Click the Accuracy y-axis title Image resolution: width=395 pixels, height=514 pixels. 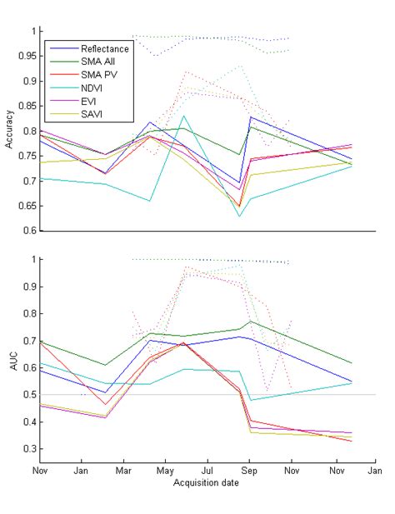(x=9, y=131)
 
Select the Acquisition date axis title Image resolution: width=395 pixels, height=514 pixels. (x=207, y=482)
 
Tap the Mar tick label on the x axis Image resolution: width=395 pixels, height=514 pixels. (x=123, y=471)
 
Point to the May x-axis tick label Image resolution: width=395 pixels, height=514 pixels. (x=165, y=471)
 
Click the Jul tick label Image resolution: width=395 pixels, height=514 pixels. (x=207, y=471)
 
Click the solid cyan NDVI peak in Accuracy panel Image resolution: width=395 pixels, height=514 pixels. (x=184, y=116)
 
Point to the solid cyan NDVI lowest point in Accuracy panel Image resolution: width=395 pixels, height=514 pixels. (x=240, y=217)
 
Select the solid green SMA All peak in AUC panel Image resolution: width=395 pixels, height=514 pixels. (x=251, y=322)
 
